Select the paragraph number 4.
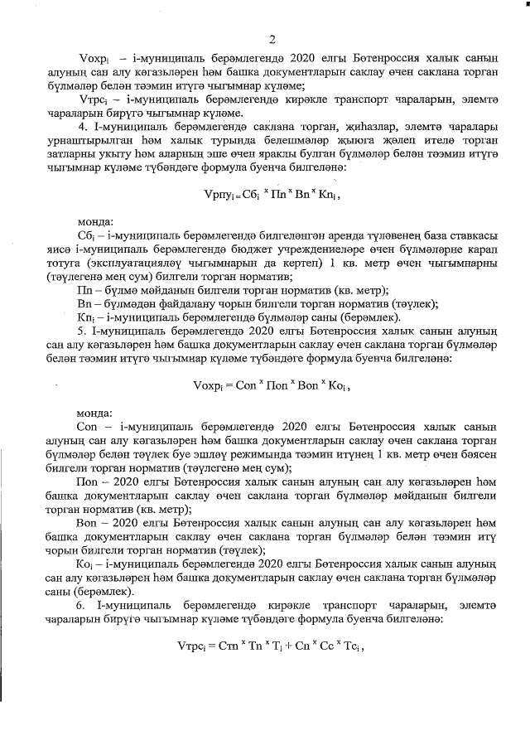[x=81, y=126]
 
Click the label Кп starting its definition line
[x=84, y=319]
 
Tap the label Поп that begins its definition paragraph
[x=88, y=481]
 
